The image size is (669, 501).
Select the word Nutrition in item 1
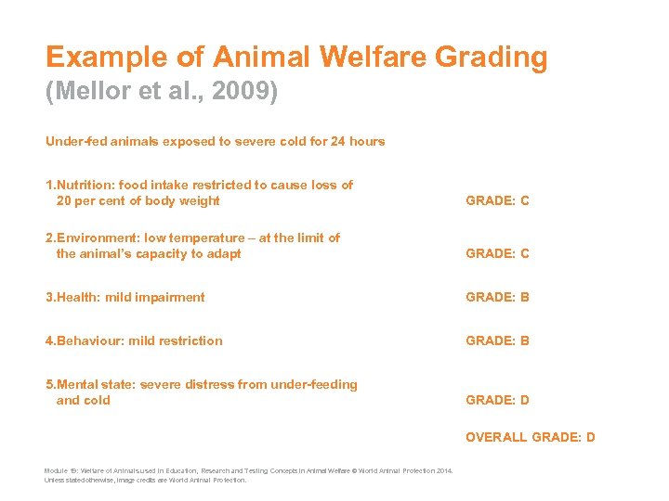click(89, 185)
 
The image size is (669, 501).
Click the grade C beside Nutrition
click(525, 200)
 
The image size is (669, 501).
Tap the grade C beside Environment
click(525, 253)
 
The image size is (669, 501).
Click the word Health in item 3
click(78, 297)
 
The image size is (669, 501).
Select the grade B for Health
click(525, 297)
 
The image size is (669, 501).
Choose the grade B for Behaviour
click(525, 340)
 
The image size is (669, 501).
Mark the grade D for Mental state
click(525, 400)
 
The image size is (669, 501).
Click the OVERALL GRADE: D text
click(531, 437)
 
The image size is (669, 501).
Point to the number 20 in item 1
click(64, 200)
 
